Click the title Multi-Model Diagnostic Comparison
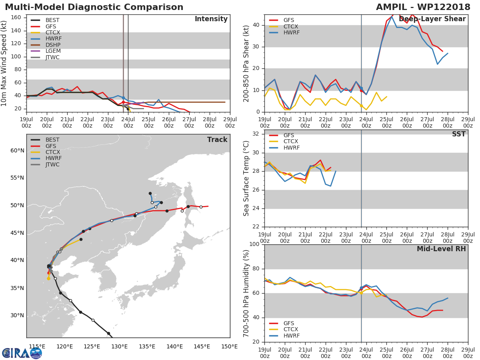click(x=94, y=7)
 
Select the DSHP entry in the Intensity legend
click(x=53, y=45)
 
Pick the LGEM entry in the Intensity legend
click(x=53, y=51)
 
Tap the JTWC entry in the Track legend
click(x=52, y=164)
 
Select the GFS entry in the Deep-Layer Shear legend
click(x=288, y=20)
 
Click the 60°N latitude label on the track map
click(x=17, y=150)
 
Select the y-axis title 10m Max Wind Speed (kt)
click(x=4, y=63)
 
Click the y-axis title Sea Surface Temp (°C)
click(x=246, y=178)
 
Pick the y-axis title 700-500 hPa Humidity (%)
click(x=246, y=293)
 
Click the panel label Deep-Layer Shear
click(x=432, y=19)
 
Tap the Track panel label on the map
click(x=217, y=140)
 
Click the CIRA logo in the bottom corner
click(x=22, y=353)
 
